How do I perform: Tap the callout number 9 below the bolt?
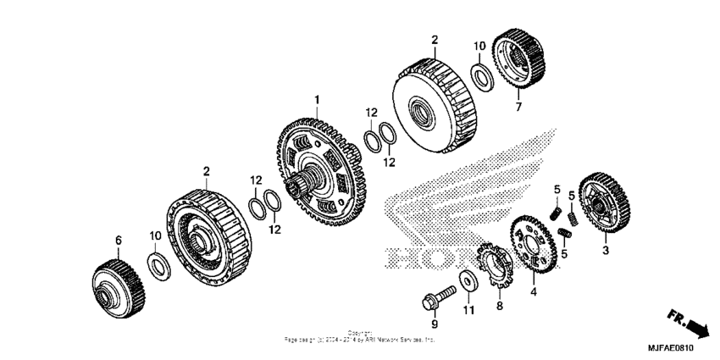[x=435, y=324]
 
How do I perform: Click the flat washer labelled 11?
[x=468, y=280]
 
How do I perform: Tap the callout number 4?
[x=534, y=292]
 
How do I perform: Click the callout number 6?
[x=119, y=240]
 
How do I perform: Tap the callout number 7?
[x=518, y=108]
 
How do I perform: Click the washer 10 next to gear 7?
[x=479, y=76]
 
